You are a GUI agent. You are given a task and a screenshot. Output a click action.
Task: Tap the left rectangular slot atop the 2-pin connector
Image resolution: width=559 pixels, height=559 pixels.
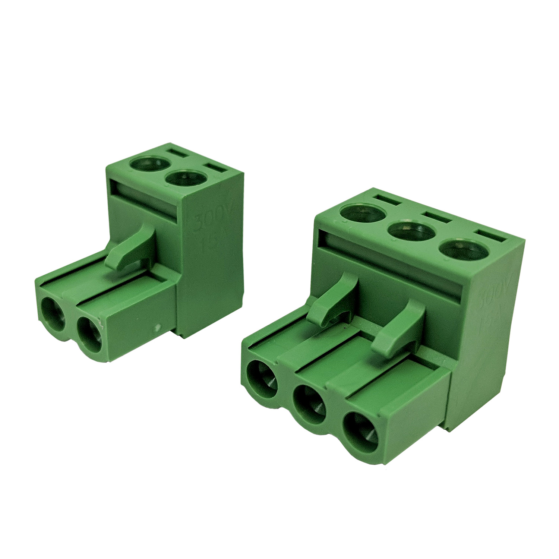(177, 153)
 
